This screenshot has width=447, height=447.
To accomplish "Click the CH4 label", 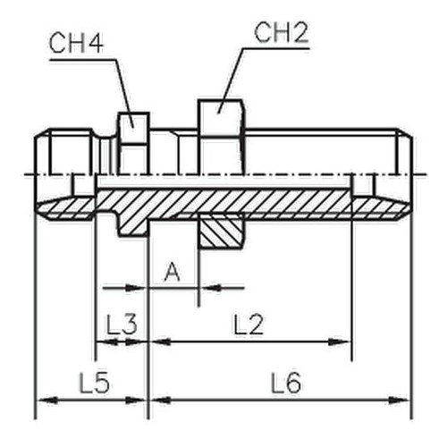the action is [x=76, y=44].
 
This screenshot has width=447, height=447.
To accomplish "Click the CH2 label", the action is [x=281, y=32].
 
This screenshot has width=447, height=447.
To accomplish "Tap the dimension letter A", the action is [x=173, y=272].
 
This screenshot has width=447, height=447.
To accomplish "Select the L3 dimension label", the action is [x=122, y=324].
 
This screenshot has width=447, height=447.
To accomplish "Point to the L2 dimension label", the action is [x=249, y=325].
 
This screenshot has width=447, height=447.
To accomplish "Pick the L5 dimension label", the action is [x=95, y=383].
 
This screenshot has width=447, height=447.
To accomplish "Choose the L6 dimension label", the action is [x=286, y=383].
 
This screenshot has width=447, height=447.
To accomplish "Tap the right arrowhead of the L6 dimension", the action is [x=400, y=401].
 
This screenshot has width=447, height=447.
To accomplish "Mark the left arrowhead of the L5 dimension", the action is [x=47, y=401].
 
